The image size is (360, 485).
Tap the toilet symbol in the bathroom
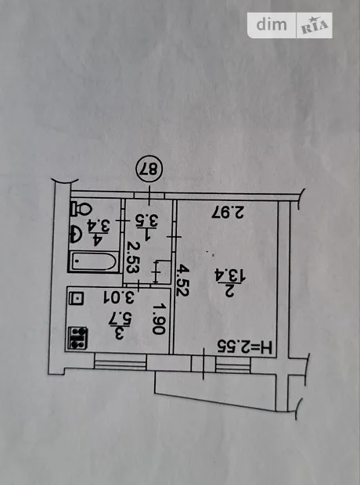tap(81, 210)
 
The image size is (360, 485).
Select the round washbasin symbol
tap(76, 235)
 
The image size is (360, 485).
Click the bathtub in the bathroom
tap(94, 262)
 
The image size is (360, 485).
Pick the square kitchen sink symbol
tap(77, 299)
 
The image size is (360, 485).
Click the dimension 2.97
tap(228, 214)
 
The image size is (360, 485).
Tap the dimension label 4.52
tap(182, 280)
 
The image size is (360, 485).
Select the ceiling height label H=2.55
tap(244, 347)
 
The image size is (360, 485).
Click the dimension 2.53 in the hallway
tap(133, 257)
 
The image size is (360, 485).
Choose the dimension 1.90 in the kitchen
tap(160, 319)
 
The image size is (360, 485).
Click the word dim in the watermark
tap(272, 25)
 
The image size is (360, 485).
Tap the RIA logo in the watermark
tap(315, 26)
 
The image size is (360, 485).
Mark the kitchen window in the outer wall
tap(120, 361)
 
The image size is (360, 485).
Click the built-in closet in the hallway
tap(163, 272)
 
